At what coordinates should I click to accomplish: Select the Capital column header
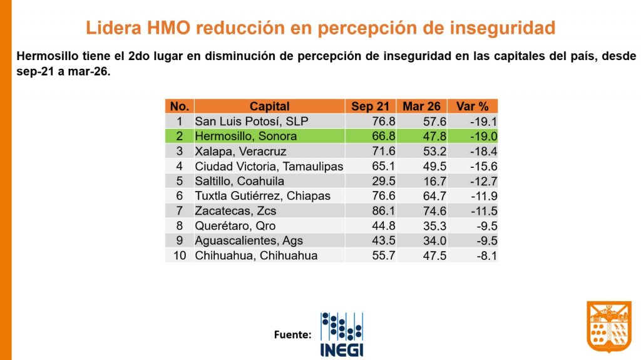tap(269, 106)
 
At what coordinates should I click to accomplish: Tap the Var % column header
tap(473, 106)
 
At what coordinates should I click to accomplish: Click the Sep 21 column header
tap(370, 106)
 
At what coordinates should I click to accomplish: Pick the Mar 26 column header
tap(421, 106)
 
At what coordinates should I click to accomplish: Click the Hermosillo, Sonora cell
tap(246, 136)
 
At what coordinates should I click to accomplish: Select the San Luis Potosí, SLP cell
tap(252, 121)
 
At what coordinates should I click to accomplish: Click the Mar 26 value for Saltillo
tap(432, 181)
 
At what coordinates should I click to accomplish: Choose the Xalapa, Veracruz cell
tap(241, 151)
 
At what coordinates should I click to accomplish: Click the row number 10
tap(179, 255)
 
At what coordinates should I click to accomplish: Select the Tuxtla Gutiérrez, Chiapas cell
tap(262, 196)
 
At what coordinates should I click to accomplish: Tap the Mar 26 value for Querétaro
tap(432, 225)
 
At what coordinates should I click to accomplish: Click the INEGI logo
tap(341, 334)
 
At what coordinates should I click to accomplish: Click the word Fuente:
tap(292, 335)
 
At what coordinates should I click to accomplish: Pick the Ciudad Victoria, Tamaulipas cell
tap(269, 166)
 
